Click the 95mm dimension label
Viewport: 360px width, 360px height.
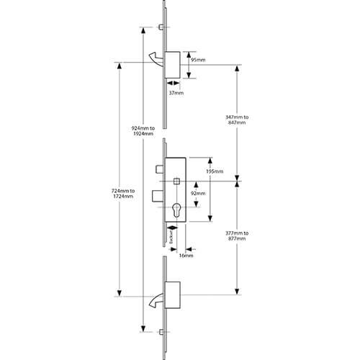tap(198, 60)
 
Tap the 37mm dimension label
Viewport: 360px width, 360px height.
tap(176, 93)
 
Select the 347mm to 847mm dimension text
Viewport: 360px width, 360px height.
tap(237, 120)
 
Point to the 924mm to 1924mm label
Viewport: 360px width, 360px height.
tap(143, 131)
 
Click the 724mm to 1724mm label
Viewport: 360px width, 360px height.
tap(123, 194)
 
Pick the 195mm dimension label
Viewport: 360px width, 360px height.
tap(215, 171)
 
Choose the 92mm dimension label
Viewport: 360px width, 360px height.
tap(198, 193)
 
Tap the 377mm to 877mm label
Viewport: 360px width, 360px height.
tap(237, 235)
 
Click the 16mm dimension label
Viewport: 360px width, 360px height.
tap(186, 256)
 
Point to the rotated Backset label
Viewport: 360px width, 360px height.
tap(171, 237)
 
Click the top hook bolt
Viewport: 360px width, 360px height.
tap(156, 59)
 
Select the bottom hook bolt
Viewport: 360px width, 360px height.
tap(156, 301)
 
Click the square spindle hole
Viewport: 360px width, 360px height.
tap(176, 181)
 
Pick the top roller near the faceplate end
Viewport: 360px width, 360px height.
tap(161, 27)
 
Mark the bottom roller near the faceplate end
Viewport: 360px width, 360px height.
tap(161, 332)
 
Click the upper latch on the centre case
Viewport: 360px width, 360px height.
tap(160, 169)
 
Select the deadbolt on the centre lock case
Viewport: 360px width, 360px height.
tap(158, 196)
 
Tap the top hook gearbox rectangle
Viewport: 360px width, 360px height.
tap(173, 65)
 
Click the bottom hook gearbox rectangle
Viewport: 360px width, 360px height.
tap(173, 295)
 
